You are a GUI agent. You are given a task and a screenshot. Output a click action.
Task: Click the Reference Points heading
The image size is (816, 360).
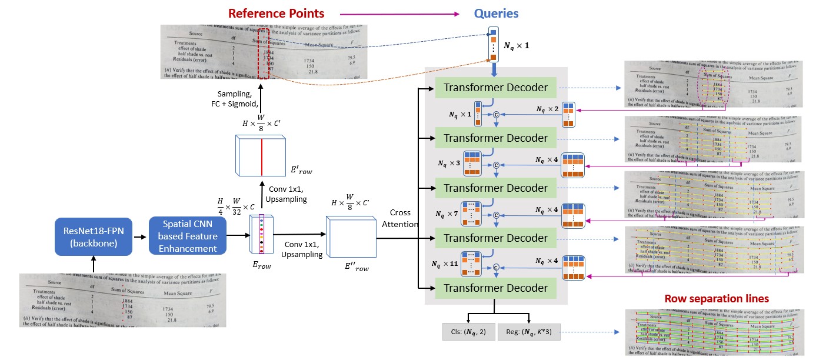tap(276, 13)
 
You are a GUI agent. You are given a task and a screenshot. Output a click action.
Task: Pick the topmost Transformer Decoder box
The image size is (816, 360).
tap(495, 88)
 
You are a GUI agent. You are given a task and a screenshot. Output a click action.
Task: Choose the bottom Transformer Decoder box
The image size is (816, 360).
tap(495, 288)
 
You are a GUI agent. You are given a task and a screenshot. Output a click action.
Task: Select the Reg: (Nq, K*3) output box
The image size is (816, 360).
tap(529, 332)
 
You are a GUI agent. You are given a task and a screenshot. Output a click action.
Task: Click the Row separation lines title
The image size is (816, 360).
tap(717, 299)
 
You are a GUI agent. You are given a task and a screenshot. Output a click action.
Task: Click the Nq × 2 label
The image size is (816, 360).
tap(547, 109)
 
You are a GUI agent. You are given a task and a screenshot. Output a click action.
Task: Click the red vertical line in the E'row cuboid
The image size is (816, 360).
tap(262, 154)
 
